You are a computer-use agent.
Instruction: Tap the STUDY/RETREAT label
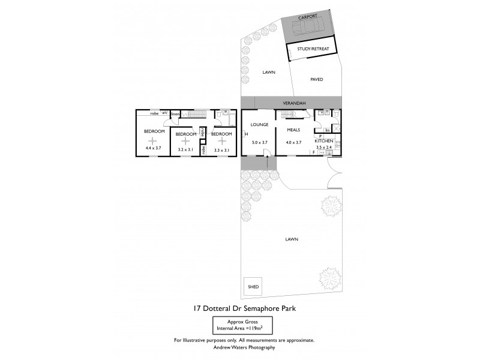[310, 49]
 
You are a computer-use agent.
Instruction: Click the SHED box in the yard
[253, 287]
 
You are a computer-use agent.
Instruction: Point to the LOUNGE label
[259, 125]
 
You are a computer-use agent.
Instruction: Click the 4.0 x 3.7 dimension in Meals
[293, 142]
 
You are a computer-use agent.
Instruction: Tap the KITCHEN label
[325, 142]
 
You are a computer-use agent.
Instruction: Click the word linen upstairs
[176, 113]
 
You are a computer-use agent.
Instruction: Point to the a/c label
[164, 113]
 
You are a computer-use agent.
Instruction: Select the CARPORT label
[307, 17]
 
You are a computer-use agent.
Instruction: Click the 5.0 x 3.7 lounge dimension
[260, 142]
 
